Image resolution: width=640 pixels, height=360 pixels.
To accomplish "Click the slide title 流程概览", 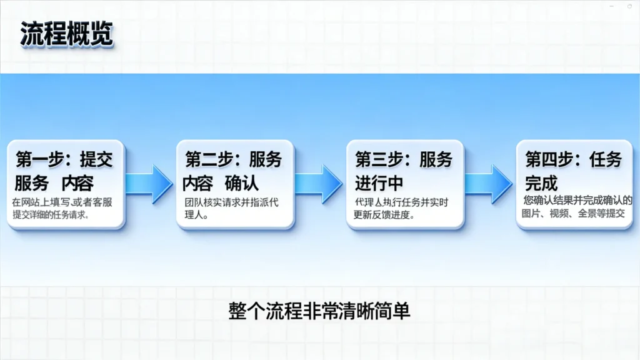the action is point(66,34).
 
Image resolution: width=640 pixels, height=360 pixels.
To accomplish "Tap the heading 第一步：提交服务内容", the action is point(64,171).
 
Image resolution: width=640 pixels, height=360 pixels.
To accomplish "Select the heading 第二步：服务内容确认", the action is point(232,171).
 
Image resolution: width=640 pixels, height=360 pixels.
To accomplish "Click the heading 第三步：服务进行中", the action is point(403,171).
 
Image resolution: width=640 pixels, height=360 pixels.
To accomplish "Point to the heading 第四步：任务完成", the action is point(573,171).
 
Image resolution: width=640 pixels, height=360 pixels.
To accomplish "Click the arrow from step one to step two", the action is point(149,184).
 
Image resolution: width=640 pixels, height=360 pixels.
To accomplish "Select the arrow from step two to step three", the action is point(319,184).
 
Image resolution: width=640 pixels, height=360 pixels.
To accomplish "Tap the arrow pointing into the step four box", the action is point(489,184).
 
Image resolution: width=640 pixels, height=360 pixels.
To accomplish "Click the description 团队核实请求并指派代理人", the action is point(231,208).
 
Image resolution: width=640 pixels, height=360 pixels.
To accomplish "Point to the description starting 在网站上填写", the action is point(62,208).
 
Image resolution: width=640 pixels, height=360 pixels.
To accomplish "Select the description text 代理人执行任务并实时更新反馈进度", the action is point(401,208).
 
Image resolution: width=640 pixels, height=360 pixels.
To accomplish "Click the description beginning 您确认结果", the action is point(577,206).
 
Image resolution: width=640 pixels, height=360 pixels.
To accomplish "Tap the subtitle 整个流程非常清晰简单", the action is point(319,311).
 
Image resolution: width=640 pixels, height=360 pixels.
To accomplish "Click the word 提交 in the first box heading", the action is point(96,159).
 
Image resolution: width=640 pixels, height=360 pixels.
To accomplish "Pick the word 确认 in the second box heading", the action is point(242,183).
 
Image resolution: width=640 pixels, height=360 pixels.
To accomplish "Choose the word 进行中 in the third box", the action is point(379,183).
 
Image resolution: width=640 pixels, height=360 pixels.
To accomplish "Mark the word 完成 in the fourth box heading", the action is point(541,183).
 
